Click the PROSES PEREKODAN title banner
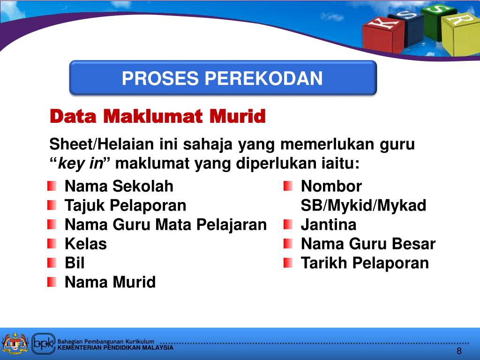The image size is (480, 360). pyautogui.click(x=223, y=78)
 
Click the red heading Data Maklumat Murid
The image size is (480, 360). pyautogui.click(x=157, y=116)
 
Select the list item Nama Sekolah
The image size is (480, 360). pyautogui.click(x=119, y=187)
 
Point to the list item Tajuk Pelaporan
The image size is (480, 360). pyautogui.click(x=125, y=205)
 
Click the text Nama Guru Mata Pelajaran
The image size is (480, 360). pyautogui.click(x=165, y=225)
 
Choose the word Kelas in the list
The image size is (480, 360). pyautogui.click(x=86, y=244)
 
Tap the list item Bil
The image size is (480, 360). pyautogui.click(x=75, y=263)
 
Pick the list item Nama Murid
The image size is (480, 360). pyautogui.click(x=110, y=282)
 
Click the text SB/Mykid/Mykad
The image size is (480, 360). pyautogui.click(x=363, y=205)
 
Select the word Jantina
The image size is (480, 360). pyautogui.click(x=328, y=225)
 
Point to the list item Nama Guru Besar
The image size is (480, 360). pyautogui.click(x=368, y=244)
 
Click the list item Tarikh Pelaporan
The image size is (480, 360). pyautogui.click(x=365, y=263)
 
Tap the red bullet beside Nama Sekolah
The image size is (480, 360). pyautogui.click(x=52, y=187)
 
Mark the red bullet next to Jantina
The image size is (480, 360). pyautogui.click(x=288, y=225)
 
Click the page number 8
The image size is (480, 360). pyautogui.click(x=459, y=352)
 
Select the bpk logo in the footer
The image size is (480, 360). pyautogui.click(x=44, y=344)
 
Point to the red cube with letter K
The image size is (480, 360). pyautogui.click(x=383, y=35)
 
